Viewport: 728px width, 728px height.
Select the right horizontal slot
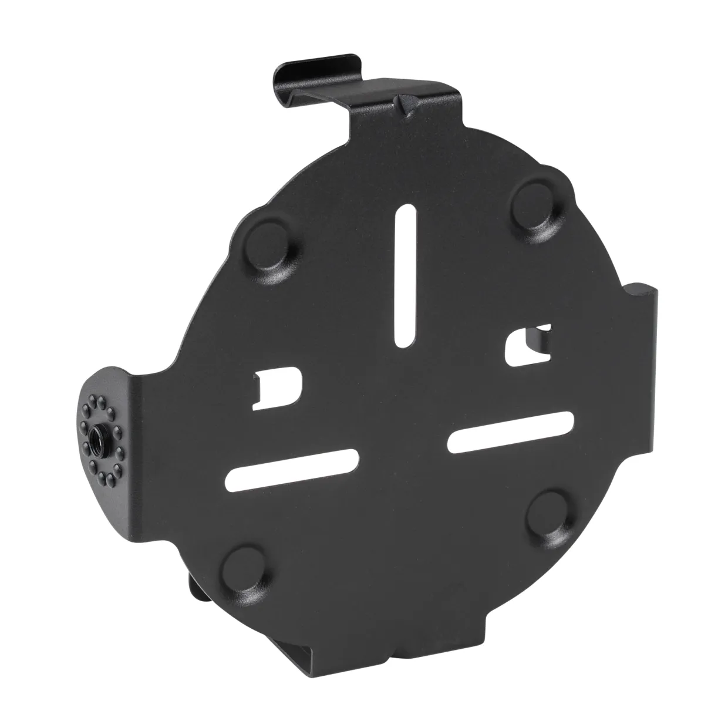511,431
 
